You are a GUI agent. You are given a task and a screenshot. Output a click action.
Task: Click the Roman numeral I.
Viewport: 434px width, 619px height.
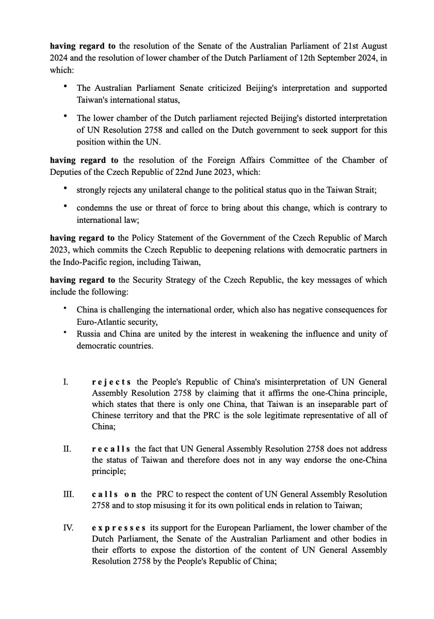click(65, 382)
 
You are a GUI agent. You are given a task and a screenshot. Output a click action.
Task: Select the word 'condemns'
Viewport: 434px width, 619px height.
click(93, 208)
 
